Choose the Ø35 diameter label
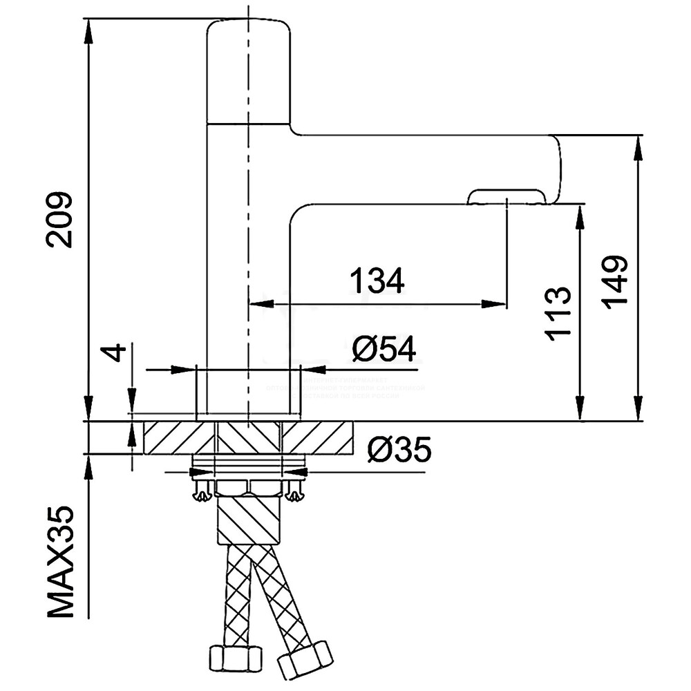(399, 451)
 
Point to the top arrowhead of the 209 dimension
(88, 28)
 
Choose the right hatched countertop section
(318, 437)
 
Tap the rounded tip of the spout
(556, 169)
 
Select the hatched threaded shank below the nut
(248, 522)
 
